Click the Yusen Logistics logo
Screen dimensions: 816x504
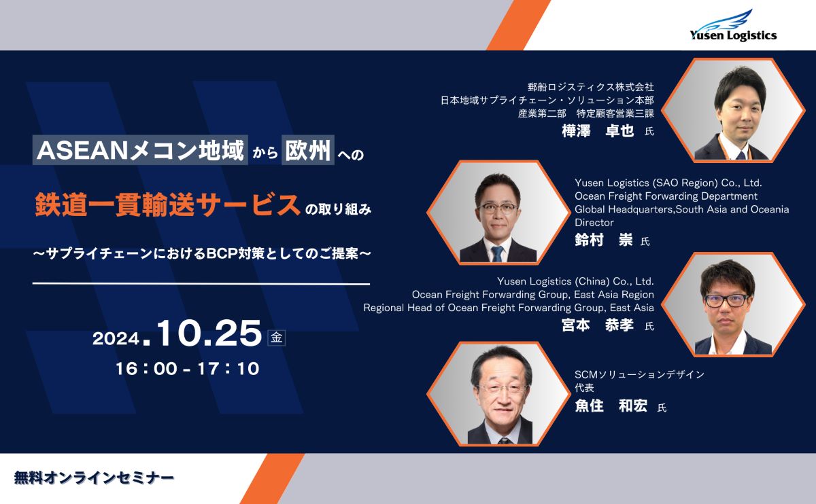(x=733, y=26)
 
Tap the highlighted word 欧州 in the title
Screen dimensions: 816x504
(x=308, y=150)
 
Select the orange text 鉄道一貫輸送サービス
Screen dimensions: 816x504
(x=167, y=204)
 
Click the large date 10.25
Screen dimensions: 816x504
(x=209, y=333)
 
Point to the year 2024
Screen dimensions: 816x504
(x=116, y=338)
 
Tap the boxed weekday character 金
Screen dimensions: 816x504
(x=277, y=338)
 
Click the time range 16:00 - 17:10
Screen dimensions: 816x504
(x=188, y=369)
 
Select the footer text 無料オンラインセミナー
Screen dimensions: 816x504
(x=94, y=478)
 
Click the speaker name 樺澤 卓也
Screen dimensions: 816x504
(x=598, y=130)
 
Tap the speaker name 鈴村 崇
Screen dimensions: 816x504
(x=604, y=240)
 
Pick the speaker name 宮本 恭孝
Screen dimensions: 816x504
(x=598, y=325)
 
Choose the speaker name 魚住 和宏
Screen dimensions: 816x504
(x=611, y=406)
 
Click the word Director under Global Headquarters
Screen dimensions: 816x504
(x=594, y=222)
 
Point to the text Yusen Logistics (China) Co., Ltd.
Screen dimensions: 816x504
(x=575, y=281)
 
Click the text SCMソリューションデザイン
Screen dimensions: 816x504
(x=639, y=374)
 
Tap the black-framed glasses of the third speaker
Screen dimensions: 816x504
(x=726, y=301)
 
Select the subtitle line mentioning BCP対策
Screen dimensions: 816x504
(x=202, y=253)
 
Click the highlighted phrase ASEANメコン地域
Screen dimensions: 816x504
(x=140, y=150)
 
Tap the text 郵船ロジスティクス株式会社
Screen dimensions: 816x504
(x=590, y=87)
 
